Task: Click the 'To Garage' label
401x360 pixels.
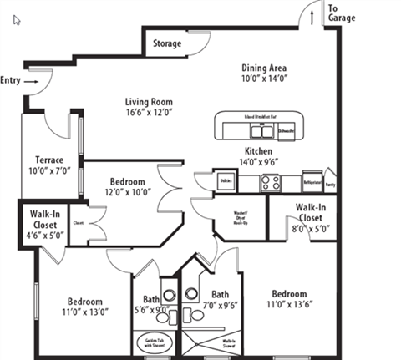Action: (x=342, y=13)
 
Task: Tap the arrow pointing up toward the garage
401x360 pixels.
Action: (x=312, y=14)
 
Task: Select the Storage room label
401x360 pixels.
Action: (x=166, y=43)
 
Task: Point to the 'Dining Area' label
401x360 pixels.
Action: (x=266, y=68)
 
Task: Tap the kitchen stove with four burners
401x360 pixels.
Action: (x=270, y=182)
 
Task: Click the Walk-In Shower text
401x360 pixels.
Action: (x=228, y=342)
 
